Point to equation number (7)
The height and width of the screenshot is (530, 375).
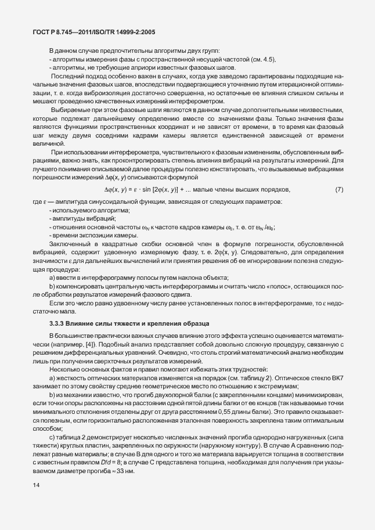(340, 189)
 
